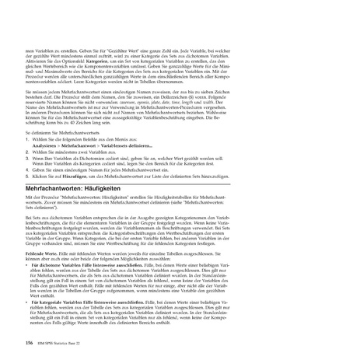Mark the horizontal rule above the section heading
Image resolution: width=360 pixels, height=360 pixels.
180,194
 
